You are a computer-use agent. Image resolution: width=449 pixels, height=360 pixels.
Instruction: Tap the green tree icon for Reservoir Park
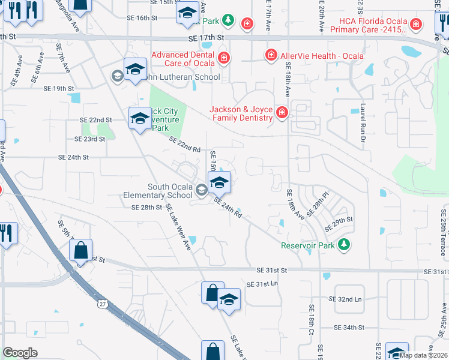343,245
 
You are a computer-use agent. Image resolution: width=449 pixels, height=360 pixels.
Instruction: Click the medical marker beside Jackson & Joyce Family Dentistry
281,112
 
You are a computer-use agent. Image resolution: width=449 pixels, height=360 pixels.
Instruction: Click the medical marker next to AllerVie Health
271,56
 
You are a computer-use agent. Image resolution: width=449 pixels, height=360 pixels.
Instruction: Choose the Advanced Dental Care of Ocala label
183,59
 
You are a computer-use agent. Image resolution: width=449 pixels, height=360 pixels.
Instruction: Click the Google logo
20,353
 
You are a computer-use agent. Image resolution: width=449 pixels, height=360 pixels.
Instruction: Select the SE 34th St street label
350,328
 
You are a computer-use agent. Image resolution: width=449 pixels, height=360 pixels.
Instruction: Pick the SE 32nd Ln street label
346,299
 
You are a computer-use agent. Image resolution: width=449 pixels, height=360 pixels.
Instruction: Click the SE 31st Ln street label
264,283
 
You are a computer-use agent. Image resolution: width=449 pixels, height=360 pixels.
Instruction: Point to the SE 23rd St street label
89,139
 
